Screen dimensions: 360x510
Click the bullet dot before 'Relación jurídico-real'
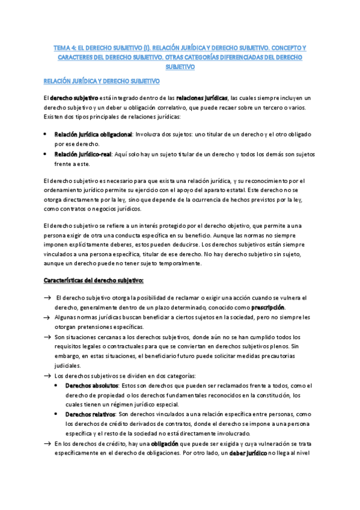pos(46,153)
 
